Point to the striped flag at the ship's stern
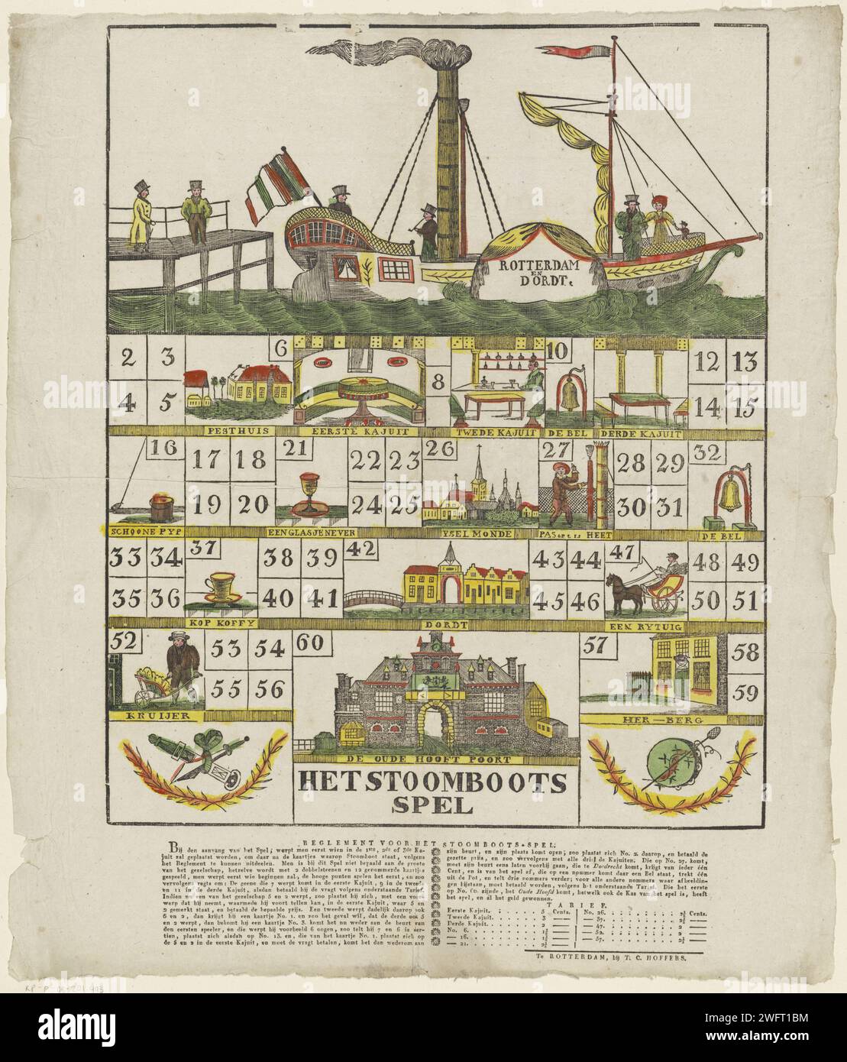coord(276,186)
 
